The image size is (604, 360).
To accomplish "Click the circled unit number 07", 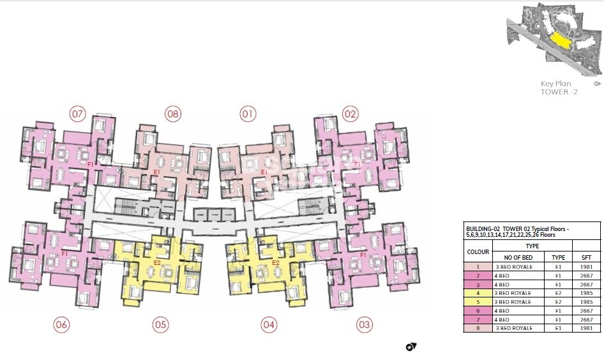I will click(78, 115).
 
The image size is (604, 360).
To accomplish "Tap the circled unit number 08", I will click(172, 115).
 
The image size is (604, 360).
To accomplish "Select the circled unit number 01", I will click(248, 115).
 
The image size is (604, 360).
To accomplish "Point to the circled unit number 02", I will click(350, 115).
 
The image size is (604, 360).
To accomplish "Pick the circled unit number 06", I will click(61, 325).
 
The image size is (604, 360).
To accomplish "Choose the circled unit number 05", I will click(160, 325).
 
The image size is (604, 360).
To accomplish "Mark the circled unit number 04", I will click(269, 325).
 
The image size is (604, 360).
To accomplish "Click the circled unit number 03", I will click(364, 325).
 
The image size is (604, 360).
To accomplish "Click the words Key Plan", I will click(555, 84).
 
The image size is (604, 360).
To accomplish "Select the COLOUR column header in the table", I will click(478, 251).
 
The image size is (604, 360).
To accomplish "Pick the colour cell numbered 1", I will click(478, 266).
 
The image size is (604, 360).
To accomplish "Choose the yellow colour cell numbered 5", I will click(478, 301).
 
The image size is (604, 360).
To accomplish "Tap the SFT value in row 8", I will click(586, 328).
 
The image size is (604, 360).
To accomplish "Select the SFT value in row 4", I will click(586, 292).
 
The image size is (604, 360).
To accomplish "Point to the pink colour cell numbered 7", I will click(478, 319).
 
